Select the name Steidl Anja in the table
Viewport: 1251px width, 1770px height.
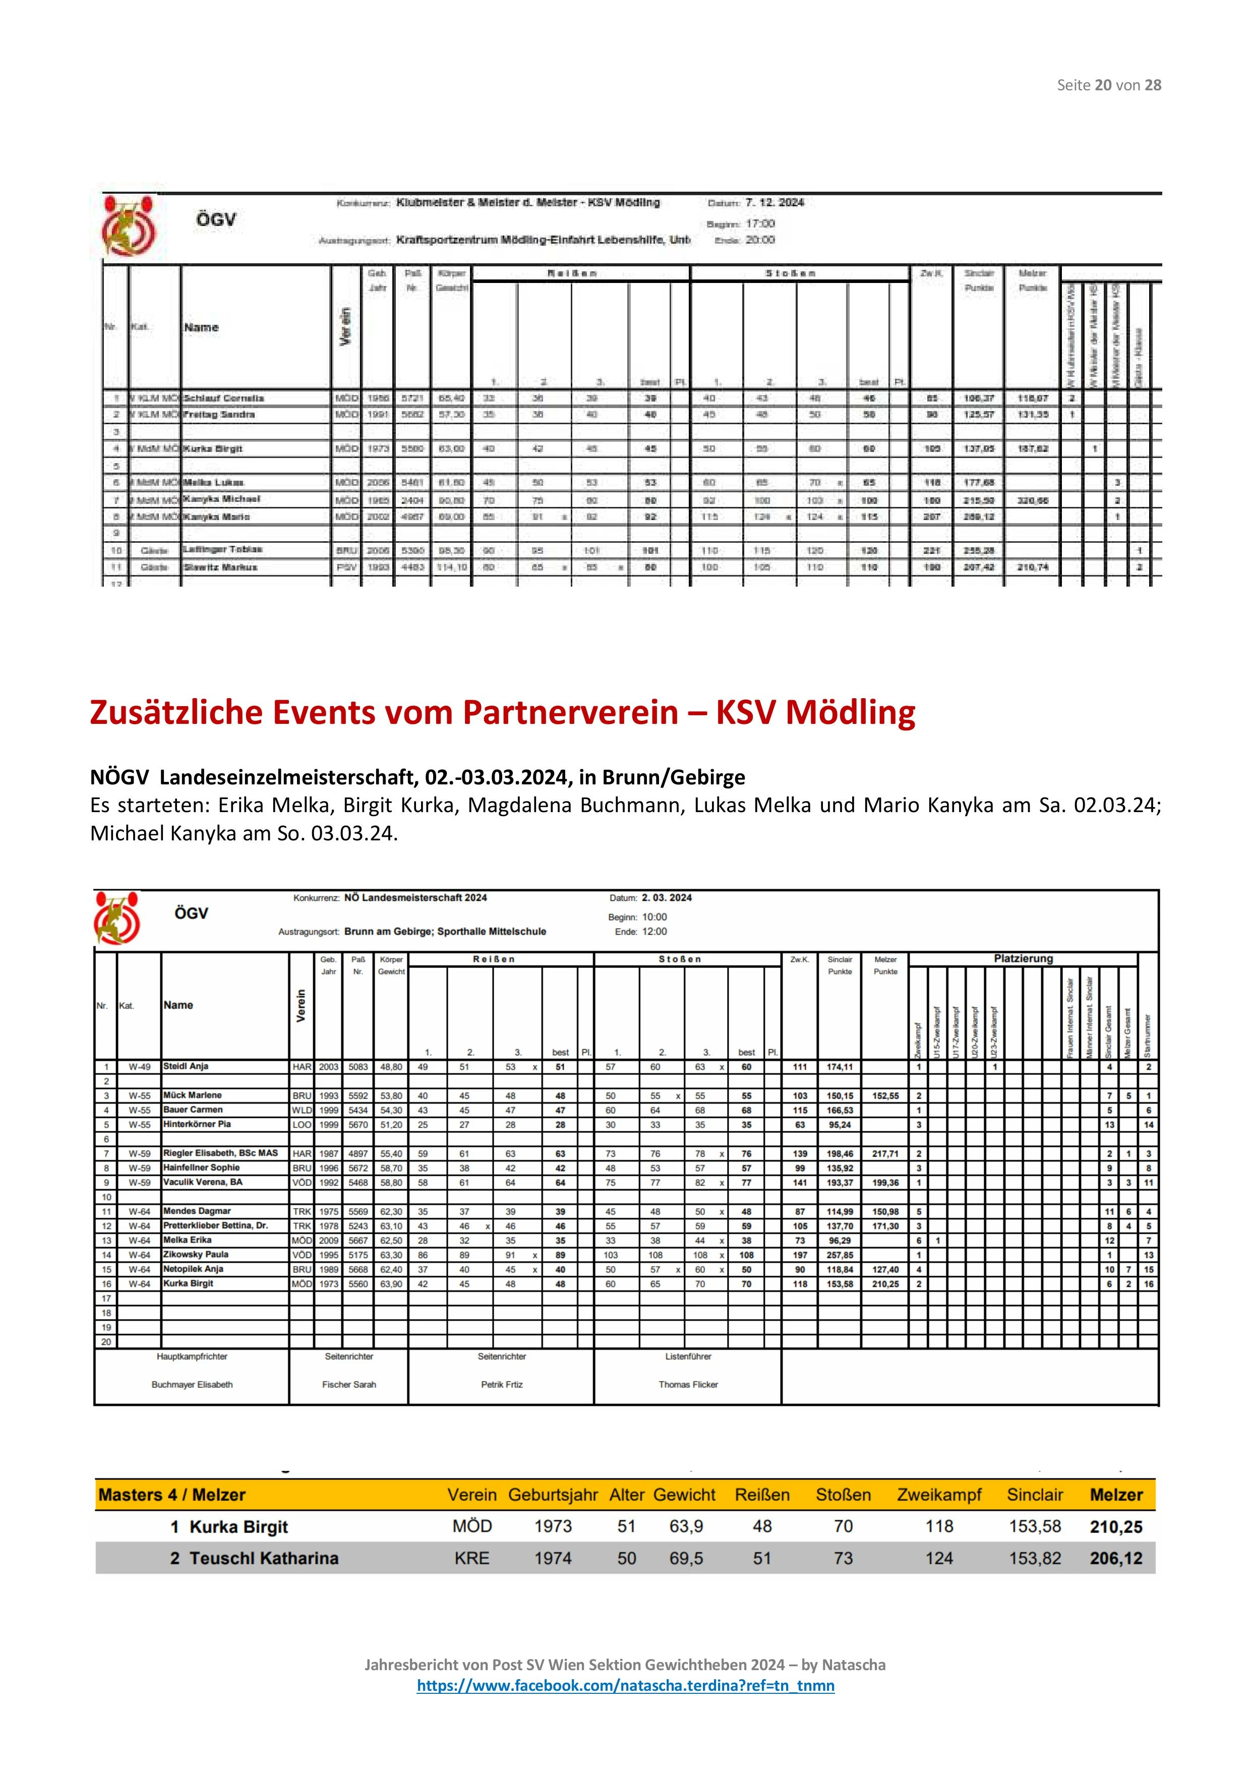pyautogui.click(x=186, y=1067)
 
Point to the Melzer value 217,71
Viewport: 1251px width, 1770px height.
pyautogui.click(x=885, y=1154)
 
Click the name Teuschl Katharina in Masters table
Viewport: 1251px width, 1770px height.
pyautogui.click(x=264, y=1558)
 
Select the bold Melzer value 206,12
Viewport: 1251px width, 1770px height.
pyautogui.click(x=1116, y=1558)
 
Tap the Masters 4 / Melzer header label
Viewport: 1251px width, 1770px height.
pyautogui.click(x=171, y=1495)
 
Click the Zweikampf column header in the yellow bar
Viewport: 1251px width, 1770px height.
pyautogui.click(x=939, y=1495)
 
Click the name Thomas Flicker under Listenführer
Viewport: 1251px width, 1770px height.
pyautogui.click(x=688, y=1385)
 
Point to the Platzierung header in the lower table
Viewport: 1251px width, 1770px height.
pyautogui.click(x=1023, y=959)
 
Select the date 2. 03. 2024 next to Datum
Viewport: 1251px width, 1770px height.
pyautogui.click(x=667, y=897)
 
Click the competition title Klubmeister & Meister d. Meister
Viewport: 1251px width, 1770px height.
pyautogui.click(x=528, y=203)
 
